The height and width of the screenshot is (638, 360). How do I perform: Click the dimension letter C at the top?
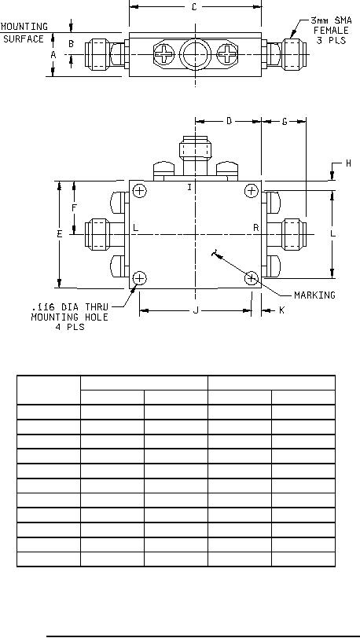tap(194, 7)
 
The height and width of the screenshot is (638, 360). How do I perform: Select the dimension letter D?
tap(229, 121)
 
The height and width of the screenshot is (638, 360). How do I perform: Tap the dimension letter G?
tap(285, 121)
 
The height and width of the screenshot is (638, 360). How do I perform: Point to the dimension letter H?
tap(348, 163)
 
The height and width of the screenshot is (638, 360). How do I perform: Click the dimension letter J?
tap(196, 310)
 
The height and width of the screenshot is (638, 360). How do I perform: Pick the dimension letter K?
tap(282, 310)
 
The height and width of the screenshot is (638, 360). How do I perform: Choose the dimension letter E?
tap(60, 234)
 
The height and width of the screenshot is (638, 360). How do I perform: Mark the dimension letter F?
tap(74, 208)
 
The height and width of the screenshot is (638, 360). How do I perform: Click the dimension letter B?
tap(71, 43)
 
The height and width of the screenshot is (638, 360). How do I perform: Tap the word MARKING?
tap(314, 295)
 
